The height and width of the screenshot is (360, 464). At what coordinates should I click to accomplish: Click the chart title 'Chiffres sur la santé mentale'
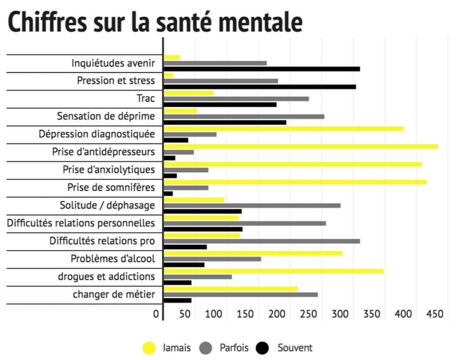[x=155, y=22]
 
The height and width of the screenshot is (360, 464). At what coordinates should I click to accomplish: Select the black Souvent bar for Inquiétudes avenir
[x=262, y=69]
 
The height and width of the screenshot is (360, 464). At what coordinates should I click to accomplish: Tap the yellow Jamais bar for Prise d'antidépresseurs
[x=301, y=147]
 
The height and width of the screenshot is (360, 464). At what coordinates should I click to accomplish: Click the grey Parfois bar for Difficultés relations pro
[x=262, y=241]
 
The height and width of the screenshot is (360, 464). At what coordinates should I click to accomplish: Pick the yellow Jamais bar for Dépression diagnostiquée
[x=284, y=129]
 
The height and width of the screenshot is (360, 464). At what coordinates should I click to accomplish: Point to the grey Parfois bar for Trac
[x=236, y=99]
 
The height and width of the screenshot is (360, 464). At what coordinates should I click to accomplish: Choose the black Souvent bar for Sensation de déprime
[x=225, y=122]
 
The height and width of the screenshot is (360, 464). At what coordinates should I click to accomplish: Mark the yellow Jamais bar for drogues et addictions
[x=274, y=271]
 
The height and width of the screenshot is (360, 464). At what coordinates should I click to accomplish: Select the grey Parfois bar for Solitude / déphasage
[x=252, y=206]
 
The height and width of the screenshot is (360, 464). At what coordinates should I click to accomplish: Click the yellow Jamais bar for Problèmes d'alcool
[x=253, y=253]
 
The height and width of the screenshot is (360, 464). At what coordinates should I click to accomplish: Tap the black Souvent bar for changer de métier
[x=177, y=301]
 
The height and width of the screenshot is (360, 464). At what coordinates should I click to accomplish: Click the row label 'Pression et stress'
[x=116, y=81]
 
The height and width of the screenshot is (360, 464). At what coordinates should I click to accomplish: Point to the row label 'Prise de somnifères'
[x=111, y=187]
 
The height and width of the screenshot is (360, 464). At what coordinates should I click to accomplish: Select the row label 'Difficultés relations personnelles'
[x=81, y=223]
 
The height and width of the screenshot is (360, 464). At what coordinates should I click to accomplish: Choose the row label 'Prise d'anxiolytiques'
[x=109, y=170]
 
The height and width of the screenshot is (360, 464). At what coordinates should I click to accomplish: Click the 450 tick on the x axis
[x=435, y=314]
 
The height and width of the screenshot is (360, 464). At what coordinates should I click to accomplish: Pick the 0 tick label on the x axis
[x=156, y=314]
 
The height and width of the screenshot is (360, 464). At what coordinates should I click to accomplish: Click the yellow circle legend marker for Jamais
[x=149, y=347]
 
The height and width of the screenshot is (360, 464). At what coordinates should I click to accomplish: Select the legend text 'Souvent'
[x=295, y=347]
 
